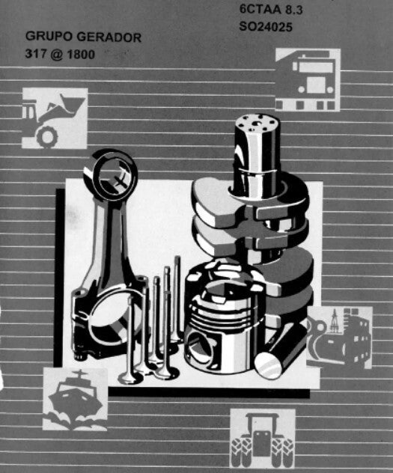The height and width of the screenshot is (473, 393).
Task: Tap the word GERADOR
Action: pos(109,37)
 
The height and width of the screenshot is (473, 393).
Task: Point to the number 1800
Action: pos(81,55)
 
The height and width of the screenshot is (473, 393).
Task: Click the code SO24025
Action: pos(266,27)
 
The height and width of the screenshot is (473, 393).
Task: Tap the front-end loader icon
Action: pos(55,118)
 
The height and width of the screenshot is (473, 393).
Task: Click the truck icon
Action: pos(308,79)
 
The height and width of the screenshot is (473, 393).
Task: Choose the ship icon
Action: pos(75,399)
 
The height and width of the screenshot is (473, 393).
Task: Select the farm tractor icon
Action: pos(263,440)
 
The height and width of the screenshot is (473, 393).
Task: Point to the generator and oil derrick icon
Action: pos(339,338)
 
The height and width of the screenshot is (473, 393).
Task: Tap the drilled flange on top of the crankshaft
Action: pos(256,123)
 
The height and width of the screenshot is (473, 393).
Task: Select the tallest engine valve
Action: pos(177,299)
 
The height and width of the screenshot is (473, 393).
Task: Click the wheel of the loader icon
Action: pos(47,136)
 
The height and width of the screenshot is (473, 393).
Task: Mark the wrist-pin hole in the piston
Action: pos(198,347)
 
